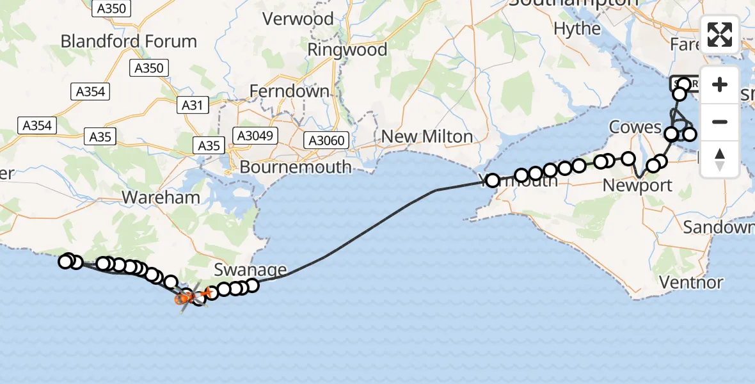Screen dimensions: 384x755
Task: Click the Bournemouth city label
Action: (296, 168)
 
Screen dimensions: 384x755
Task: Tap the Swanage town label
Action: (251, 269)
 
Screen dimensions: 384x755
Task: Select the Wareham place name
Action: (161, 197)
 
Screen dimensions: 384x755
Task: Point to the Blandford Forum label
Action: (129, 42)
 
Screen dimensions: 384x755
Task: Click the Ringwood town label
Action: (347, 50)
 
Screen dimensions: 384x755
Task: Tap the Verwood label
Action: (298, 19)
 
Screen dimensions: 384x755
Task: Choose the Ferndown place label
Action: (289, 92)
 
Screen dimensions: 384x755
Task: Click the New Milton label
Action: (427, 136)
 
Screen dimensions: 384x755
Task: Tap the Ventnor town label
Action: (691, 282)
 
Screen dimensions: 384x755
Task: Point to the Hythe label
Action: (577, 29)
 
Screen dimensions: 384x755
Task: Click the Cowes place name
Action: (635, 127)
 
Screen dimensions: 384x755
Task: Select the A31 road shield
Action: (193, 105)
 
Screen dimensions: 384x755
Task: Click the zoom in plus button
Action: (720, 84)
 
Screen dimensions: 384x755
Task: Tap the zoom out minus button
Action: (720, 122)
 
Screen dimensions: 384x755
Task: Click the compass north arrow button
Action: (720, 159)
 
